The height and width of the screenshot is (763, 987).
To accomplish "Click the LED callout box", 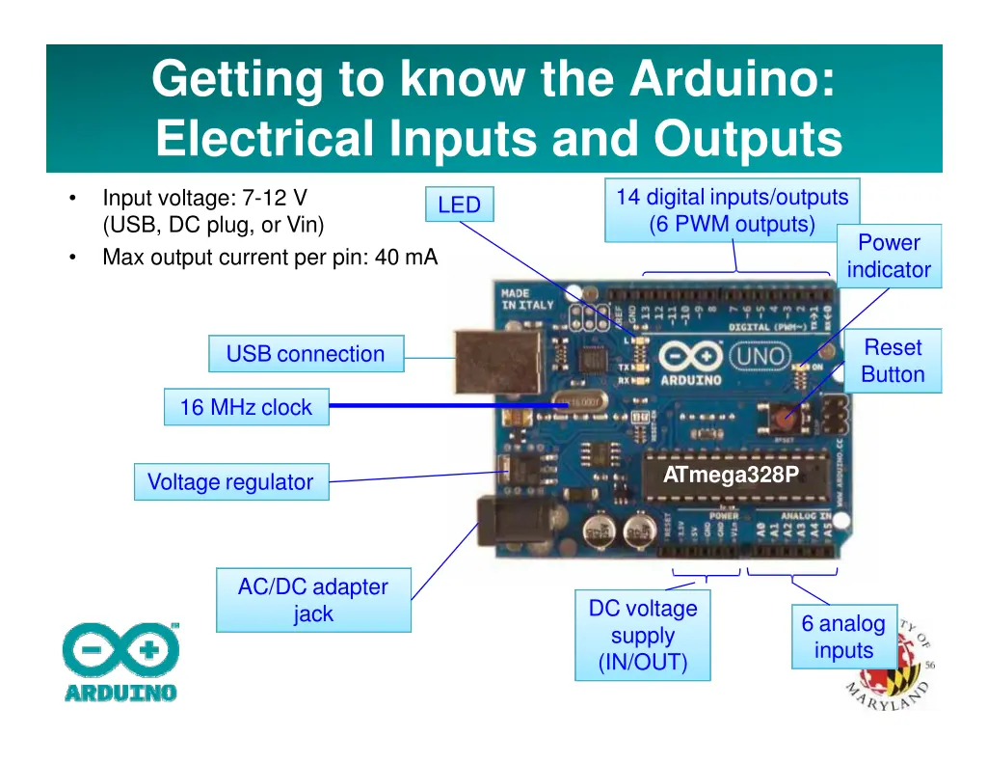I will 459,204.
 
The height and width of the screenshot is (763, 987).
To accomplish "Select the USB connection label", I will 306,354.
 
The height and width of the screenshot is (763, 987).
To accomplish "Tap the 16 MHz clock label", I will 246,407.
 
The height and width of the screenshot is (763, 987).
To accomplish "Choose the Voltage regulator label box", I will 230,482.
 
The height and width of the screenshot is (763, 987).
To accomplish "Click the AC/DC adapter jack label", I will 314,600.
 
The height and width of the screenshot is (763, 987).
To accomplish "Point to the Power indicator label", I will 889,257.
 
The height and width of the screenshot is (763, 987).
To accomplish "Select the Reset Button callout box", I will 893,362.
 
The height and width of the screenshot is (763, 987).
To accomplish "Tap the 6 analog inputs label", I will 843,637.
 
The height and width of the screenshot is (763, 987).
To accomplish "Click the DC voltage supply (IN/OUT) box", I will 643,636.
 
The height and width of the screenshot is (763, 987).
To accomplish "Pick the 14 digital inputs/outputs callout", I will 732,210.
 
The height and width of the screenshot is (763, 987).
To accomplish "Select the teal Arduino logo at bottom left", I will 121,662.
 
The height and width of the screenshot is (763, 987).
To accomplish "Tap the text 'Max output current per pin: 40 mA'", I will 270,258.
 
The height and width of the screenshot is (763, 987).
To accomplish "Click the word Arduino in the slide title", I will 732,79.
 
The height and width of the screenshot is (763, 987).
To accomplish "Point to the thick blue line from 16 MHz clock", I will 443,407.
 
